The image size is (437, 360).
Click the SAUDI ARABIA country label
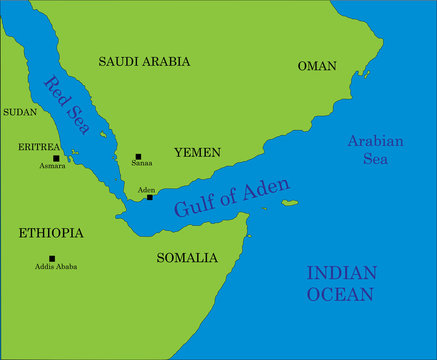click(144, 61)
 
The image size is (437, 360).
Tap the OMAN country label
click(317, 66)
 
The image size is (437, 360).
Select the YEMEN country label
click(197, 152)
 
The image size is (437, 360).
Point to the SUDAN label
click(20, 112)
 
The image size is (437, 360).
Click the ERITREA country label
click(39, 146)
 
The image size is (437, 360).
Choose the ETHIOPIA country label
click(51, 233)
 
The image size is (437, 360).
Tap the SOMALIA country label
click(187, 258)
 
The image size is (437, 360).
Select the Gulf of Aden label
click(231, 197)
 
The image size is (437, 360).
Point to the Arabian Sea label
click(375, 150)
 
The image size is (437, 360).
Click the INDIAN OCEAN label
click(340, 283)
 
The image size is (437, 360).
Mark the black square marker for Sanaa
click(138, 157)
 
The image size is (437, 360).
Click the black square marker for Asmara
click(56, 158)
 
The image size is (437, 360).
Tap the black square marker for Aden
click(150, 197)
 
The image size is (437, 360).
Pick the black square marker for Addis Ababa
click(52, 258)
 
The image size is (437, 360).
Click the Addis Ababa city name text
click(56, 267)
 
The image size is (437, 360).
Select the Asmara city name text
click(53, 166)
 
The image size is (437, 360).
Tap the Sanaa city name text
click(142, 166)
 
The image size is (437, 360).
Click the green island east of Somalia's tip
click(289, 204)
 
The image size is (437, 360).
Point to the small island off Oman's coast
click(366, 72)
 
